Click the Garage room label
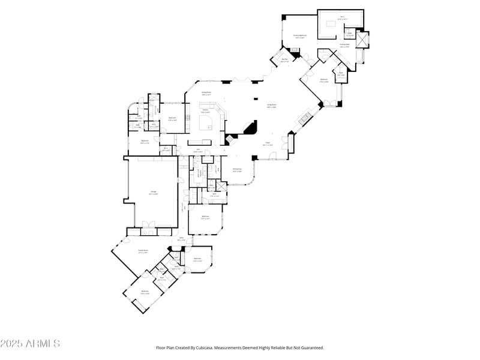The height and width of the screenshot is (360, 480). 154,193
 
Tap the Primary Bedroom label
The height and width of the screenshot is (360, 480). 300,37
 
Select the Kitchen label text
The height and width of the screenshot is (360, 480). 205,111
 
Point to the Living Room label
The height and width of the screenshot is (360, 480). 271,106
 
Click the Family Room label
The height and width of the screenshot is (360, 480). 143,252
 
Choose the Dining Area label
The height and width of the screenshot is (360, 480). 237,170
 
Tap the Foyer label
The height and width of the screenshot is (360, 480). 268,144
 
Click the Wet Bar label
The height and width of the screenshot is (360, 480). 284,60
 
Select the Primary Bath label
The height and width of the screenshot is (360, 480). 344,46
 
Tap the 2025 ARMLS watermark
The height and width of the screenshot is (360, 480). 30,344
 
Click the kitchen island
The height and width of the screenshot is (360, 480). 208,124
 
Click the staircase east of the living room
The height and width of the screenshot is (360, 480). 304,118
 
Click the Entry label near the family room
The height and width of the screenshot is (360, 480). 182,239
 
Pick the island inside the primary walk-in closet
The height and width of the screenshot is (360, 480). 332,24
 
